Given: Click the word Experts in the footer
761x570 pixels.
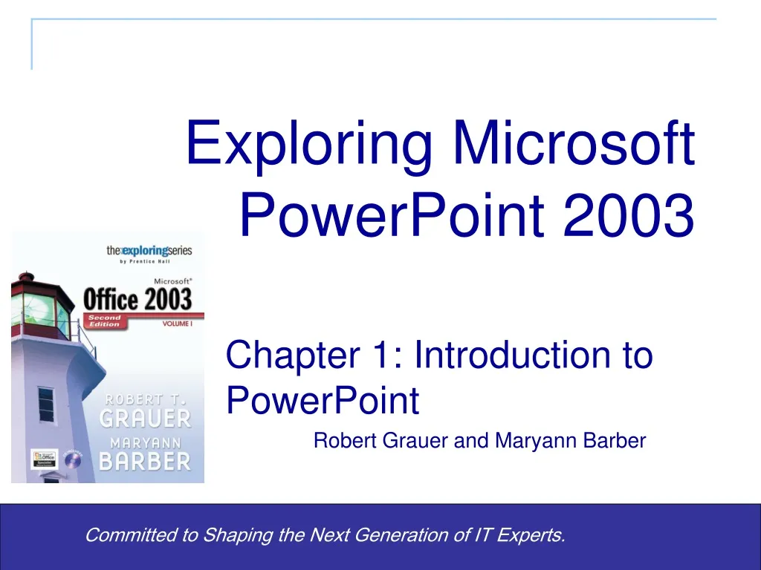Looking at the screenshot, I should pyautogui.click(x=534, y=534).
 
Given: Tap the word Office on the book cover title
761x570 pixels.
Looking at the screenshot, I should pyautogui.click(x=110, y=300).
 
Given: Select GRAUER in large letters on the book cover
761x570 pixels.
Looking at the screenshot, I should pyautogui.click(x=145, y=418).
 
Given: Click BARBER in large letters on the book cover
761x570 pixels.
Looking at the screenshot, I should pyautogui.click(x=145, y=461).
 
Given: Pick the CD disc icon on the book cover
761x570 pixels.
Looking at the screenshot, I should pyautogui.click(x=72, y=459).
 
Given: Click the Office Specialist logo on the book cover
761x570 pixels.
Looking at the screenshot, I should pyautogui.click(x=43, y=458).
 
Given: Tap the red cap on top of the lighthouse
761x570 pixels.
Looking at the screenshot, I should pyautogui.click(x=27, y=279).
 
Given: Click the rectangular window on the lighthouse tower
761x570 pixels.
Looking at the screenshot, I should pyautogui.click(x=46, y=404).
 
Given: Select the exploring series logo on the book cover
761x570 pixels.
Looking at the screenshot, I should pyautogui.click(x=149, y=251).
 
